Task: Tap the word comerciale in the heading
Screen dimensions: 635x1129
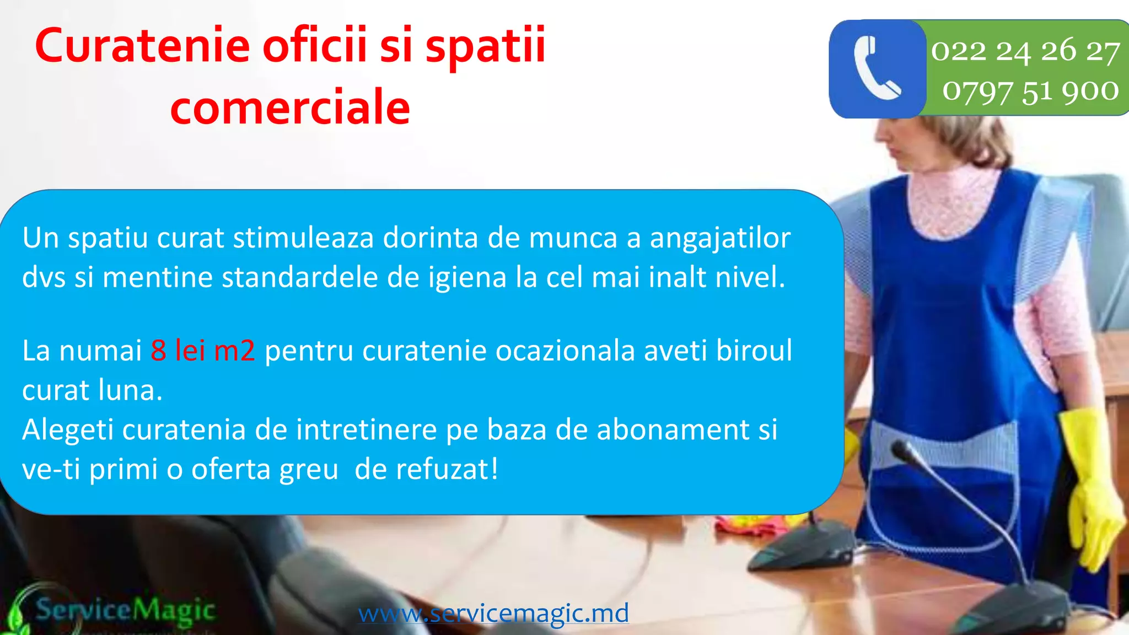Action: (290, 107)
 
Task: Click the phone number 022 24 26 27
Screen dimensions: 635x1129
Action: (1025, 51)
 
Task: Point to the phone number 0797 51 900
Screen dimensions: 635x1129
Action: (1030, 91)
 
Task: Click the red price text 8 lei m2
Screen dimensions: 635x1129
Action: (203, 351)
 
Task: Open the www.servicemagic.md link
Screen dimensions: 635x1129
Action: (493, 613)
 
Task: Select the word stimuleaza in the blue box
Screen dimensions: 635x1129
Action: (303, 238)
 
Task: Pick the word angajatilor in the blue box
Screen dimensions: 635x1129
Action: (720, 238)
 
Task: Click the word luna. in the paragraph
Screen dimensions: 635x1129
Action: (131, 390)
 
